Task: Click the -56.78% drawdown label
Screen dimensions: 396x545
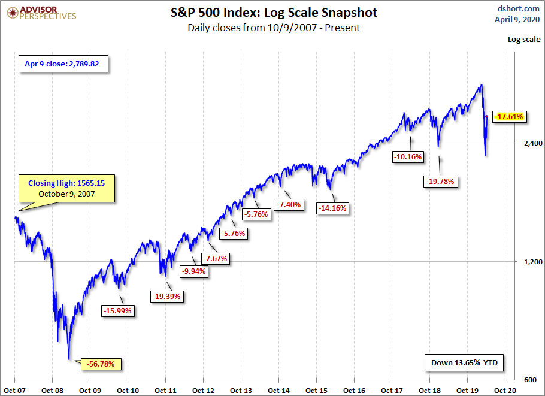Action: pyautogui.click(x=104, y=364)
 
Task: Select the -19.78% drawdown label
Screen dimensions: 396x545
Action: pyautogui.click(x=441, y=181)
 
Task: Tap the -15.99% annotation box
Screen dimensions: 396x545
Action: pyautogui.click(x=118, y=311)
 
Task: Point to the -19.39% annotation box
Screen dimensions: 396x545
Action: pyautogui.click(x=167, y=296)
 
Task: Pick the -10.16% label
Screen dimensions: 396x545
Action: pyautogui.click(x=408, y=157)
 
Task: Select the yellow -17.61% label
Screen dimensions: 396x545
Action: pyautogui.click(x=510, y=117)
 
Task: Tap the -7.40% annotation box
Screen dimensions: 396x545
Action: pyautogui.click(x=289, y=205)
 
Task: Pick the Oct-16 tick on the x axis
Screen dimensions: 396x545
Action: pyautogui.click(x=354, y=389)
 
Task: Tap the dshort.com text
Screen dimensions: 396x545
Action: pyautogui.click(x=519, y=8)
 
